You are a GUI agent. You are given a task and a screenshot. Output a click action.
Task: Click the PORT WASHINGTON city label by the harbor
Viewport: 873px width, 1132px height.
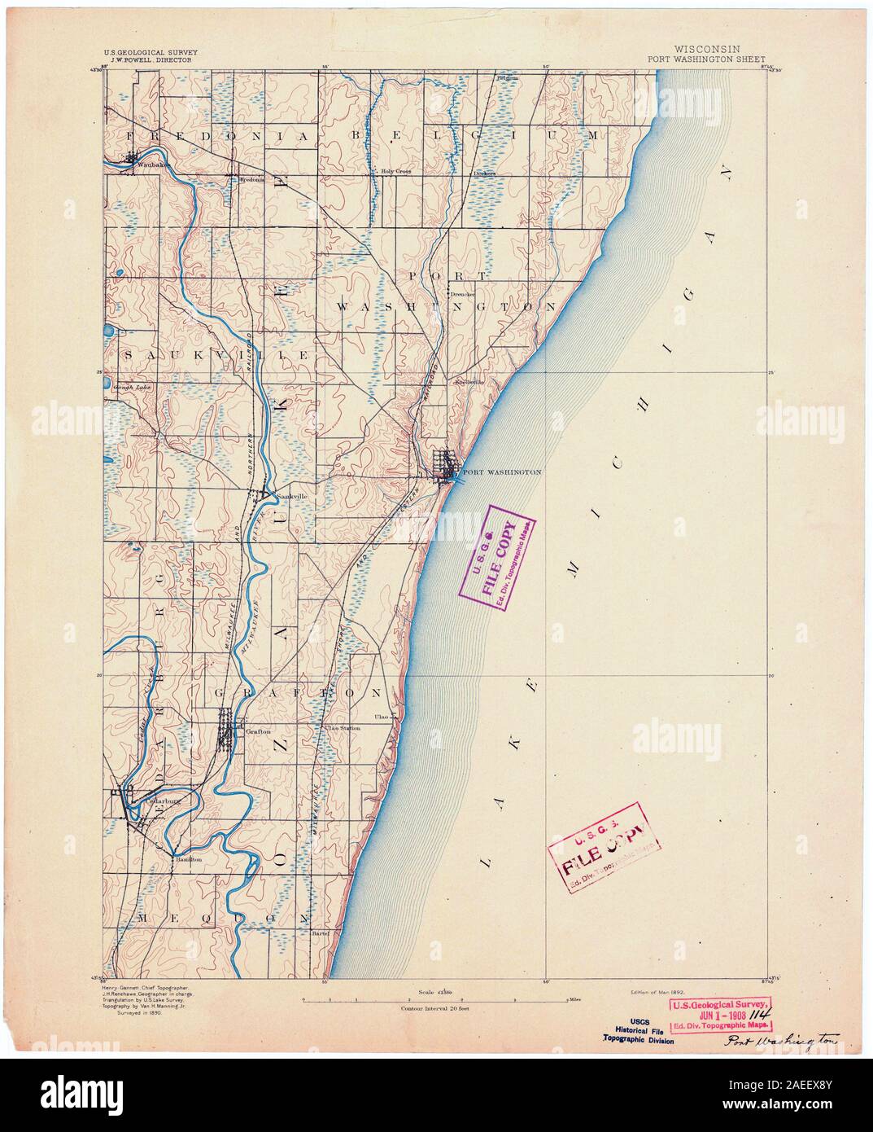tap(500, 472)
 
